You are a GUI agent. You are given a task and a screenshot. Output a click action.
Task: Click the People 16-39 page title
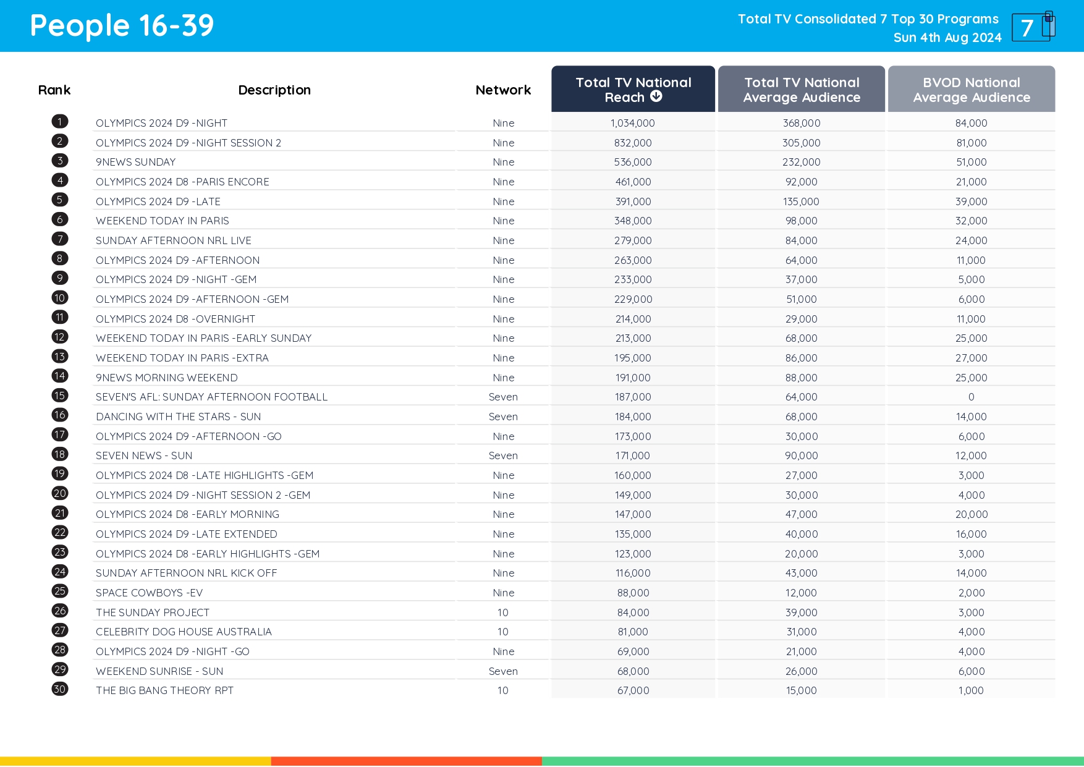(122, 26)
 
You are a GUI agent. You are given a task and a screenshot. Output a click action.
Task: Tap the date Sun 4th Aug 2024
(947, 38)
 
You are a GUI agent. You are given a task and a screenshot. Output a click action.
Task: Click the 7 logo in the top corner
(1033, 27)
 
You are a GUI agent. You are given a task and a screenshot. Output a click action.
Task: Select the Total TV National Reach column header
(632, 89)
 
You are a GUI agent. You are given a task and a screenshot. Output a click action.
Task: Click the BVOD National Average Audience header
(971, 90)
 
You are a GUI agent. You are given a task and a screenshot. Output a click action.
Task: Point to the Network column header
(503, 90)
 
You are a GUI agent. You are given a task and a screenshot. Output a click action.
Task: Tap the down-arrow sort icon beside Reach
(656, 96)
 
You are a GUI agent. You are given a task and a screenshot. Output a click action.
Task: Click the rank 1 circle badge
(60, 122)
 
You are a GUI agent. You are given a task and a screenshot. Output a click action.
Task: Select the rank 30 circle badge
(60, 689)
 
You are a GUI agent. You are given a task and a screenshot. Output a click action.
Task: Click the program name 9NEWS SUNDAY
(135, 162)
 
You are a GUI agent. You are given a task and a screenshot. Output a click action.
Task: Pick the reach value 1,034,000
(632, 123)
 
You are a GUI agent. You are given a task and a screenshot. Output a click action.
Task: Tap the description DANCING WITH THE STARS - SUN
(178, 417)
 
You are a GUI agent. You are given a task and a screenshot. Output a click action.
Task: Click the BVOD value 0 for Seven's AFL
(971, 397)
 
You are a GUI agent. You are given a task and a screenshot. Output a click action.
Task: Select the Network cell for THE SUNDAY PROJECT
(503, 612)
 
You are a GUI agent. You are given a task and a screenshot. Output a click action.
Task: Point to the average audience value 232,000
(801, 162)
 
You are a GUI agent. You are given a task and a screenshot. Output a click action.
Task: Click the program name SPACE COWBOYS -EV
(149, 593)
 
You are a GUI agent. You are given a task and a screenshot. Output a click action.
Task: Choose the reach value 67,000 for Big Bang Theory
(633, 690)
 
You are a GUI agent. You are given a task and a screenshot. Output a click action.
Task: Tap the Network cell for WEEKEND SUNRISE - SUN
(503, 671)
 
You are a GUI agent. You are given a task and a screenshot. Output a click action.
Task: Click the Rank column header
(54, 90)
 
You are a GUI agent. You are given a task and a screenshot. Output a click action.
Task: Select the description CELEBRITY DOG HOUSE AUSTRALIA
(184, 632)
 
